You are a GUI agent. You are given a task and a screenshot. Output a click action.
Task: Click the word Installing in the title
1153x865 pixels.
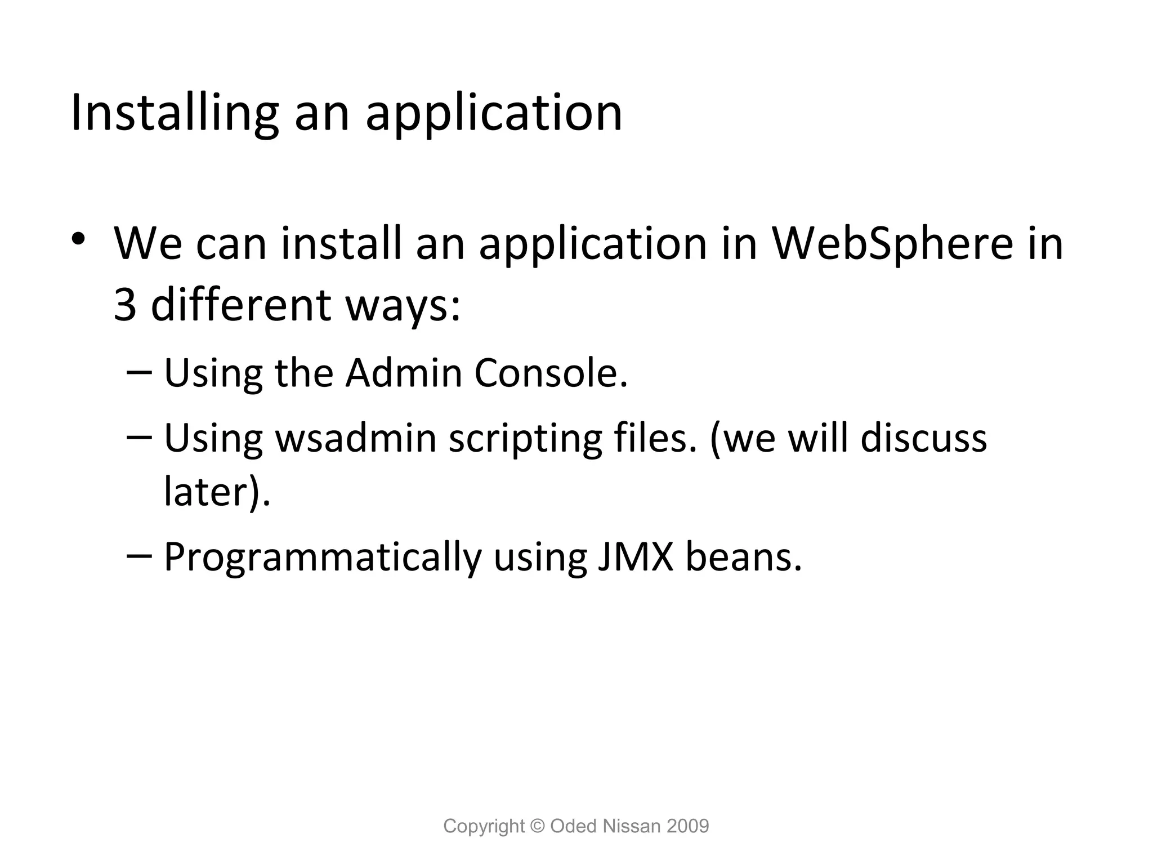tap(175, 114)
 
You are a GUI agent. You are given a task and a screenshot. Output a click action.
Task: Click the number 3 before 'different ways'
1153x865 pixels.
tap(125, 305)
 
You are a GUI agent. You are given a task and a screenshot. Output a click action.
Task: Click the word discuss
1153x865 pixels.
tap(923, 438)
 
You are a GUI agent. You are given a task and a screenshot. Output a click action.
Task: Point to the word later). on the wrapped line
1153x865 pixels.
tap(217, 491)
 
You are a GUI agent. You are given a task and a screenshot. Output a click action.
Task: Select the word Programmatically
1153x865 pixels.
tap(322, 558)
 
